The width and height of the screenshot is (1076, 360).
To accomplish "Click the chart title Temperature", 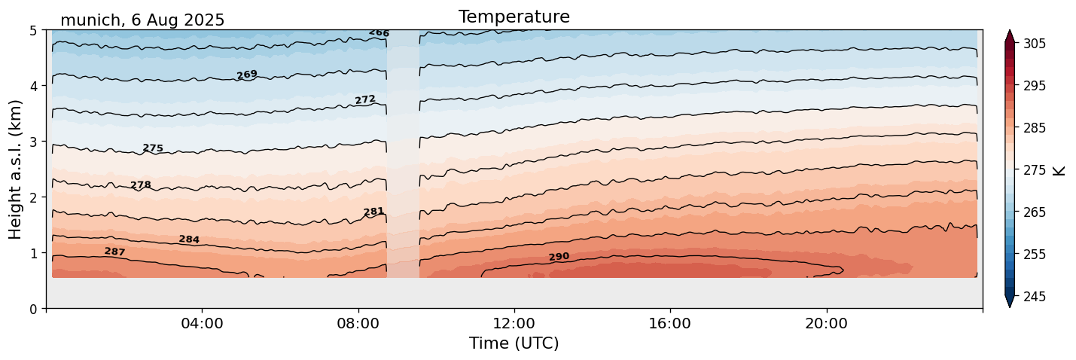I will click(514, 17).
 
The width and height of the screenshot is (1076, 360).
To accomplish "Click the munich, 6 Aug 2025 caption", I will click(142, 20).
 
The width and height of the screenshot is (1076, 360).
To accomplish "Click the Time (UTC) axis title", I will click(514, 343).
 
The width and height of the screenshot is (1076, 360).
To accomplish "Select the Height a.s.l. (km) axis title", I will click(16, 169).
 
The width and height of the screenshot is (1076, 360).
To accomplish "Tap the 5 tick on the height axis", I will click(33, 30).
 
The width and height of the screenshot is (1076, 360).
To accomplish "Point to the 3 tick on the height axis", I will click(33, 142).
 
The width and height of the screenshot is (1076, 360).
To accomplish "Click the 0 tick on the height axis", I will click(33, 308).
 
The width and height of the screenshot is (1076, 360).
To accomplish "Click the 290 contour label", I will click(559, 258).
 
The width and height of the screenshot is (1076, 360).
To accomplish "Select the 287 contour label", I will click(114, 252).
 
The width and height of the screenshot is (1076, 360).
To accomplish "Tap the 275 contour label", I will click(153, 148).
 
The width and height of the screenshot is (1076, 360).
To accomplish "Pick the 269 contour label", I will click(247, 75).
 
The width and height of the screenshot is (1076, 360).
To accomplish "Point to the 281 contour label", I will click(374, 212).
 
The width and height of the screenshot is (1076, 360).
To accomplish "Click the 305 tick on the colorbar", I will click(1033, 44).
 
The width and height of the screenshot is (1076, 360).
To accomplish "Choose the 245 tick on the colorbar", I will click(1033, 297).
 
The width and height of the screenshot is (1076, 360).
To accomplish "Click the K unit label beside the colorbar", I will click(1059, 170).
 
